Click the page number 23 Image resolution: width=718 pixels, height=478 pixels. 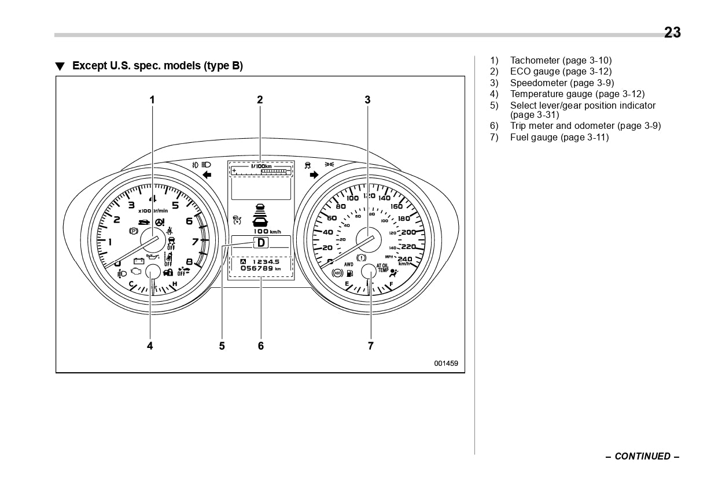pyautogui.click(x=672, y=33)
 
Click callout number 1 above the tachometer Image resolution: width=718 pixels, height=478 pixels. pyautogui.click(x=152, y=99)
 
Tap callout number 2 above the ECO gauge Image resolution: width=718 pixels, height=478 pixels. pyautogui.click(x=260, y=99)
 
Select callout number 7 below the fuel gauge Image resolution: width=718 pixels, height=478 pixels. pyautogui.click(x=371, y=346)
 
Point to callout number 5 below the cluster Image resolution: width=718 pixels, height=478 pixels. pyautogui.click(x=222, y=346)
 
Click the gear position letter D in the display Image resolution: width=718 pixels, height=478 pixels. pyautogui.click(x=261, y=243)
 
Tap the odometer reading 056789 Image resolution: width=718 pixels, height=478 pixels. pyautogui.click(x=257, y=268)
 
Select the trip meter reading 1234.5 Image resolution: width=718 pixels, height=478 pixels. pyautogui.click(x=266, y=262)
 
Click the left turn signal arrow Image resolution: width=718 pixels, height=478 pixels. pyautogui.click(x=207, y=175)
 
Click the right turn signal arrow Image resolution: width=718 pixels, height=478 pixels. pyautogui.click(x=314, y=175)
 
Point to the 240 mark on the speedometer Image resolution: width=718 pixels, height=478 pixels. pyautogui.click(x=405, y=259)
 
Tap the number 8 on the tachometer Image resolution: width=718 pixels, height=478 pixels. pyautogui.click(x=189, y=261)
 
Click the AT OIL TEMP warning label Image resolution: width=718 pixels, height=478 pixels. pyautogui.click(x=382, y=268)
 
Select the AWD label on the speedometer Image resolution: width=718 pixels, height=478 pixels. pyautogui.click(x=348, y=264)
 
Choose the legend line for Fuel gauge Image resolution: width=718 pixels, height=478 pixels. pyautogui.click(x=559, y=137)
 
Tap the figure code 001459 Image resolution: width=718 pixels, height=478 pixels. pyautogui.click(x=446, y=364)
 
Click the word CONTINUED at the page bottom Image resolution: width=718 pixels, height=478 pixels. pyautogui.click(x=642, y=456)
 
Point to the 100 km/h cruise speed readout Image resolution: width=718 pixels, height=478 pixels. pyautogui.click(x=266, y=231)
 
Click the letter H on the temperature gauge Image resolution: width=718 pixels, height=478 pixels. pyautogui.click(x=175, y=284)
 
